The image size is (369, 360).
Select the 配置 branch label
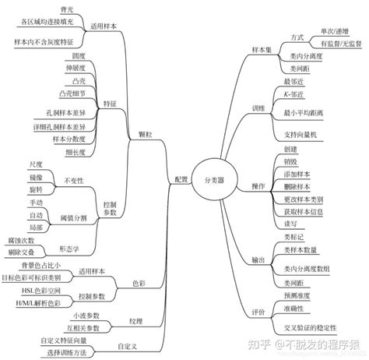coord(181,178)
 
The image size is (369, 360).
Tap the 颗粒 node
coord(145,133)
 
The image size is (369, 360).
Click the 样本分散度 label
coord(67,139)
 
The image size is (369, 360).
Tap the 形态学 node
coord(69,249)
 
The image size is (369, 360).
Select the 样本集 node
coord(262,49)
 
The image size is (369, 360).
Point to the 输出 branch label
coord(258,259)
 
